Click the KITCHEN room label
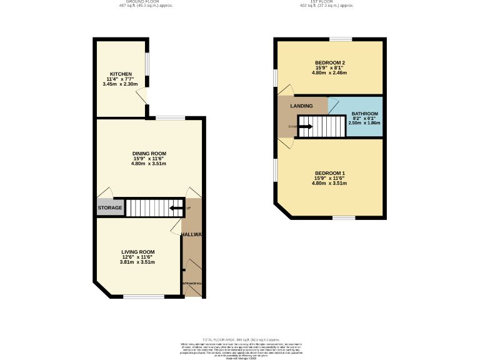point(121,74)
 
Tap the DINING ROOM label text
point(149,153)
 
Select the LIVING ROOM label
point(137,252)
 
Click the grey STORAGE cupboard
point(110,207)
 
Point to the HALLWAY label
point(192,234)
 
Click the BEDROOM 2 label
point(330,62)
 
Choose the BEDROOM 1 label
point(329,173)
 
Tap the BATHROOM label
point(364,113)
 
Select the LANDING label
point(301,106)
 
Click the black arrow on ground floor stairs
point(177,207)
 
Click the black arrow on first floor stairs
point(305,127)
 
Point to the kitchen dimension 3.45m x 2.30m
point(121,84)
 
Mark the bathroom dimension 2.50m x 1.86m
point(364,123)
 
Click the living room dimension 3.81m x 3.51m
point(137,262)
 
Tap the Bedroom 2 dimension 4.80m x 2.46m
point(329,72)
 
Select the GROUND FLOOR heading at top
point(146,2)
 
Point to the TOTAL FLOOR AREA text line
point(241,339)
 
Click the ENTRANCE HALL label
point(192,284)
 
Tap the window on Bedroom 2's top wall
point(341,39)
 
